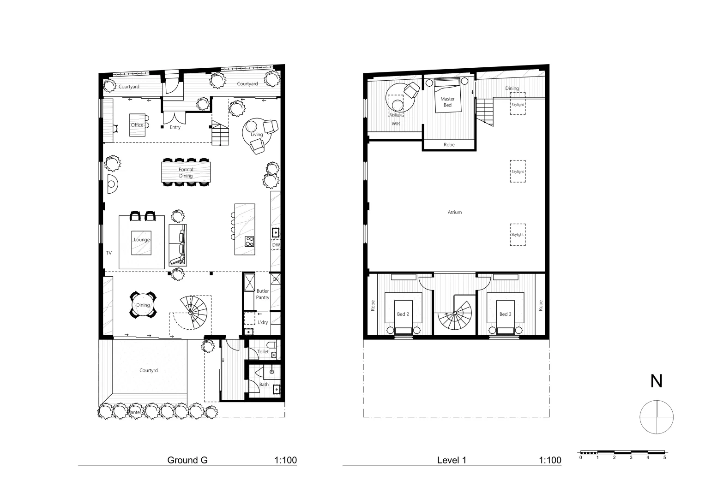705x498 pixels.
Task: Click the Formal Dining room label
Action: tap(186, 172)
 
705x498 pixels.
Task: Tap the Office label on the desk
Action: tap(137, 125)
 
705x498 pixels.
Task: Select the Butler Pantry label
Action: tap(263, 294)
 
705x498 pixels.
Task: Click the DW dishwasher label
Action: tap(276, 245)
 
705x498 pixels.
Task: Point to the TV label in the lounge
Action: tap(109, 253)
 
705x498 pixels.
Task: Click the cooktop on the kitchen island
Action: tap(249, 241)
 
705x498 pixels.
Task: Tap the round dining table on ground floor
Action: tap(143, 305)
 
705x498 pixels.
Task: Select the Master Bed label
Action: tap(447, 102)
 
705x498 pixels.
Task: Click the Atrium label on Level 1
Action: tap(454, 213)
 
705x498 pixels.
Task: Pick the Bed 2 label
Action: tap(403, 314)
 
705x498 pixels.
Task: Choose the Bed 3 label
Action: tap(505, 314)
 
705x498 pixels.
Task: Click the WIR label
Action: tap(396, 124)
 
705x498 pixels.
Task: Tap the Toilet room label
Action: tap(263, 351)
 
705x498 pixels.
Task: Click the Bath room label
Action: tap(264, 384)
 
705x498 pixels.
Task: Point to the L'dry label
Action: tap(263, 322)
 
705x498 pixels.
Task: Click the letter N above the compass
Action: tap(656, 381)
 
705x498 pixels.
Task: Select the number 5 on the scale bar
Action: tap(664, 458)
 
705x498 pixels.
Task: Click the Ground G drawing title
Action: tap(187, 460)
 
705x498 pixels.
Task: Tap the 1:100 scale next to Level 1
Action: tap(550, 460)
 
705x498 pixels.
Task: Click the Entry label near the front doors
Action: tap(175, 127)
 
